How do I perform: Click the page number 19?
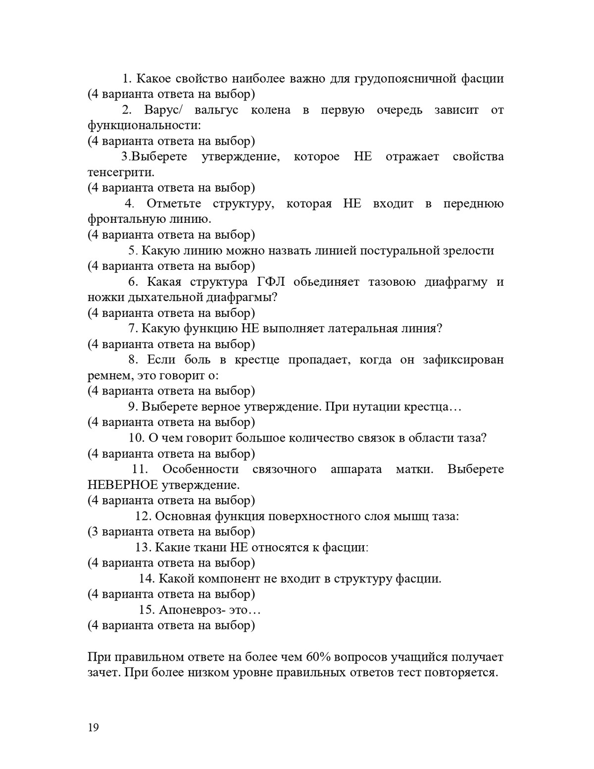pos(93,727)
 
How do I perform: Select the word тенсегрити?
pos(121,172)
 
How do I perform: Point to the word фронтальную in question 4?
pos(127,219)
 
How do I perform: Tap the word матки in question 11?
pos(414,469)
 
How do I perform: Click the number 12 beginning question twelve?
pos(143,516)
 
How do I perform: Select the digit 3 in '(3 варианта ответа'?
pos(95,531)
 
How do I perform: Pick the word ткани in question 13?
pos(211,547)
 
